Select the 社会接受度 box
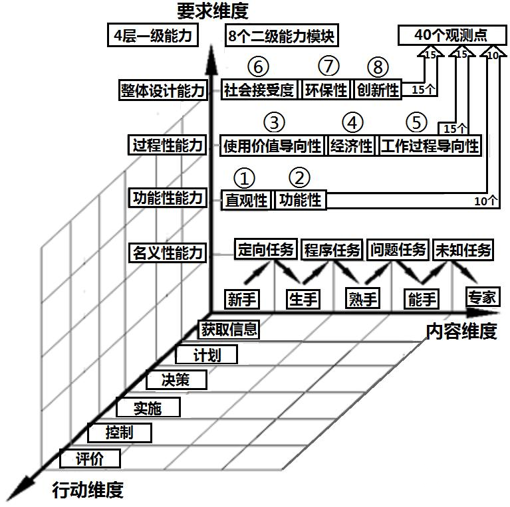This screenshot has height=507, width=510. point(260,90)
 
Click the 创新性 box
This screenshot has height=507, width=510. point(378,90)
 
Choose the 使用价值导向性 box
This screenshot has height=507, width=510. point(273,146)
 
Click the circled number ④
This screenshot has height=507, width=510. point(353,123)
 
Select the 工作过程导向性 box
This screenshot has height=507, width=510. point(430,146)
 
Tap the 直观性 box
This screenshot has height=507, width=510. point(246,199)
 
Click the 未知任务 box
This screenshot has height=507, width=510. point(463,250)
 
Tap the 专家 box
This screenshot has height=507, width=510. point(482,296)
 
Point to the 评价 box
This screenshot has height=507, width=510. point(90,458)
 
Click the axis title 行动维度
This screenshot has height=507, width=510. point(88,491)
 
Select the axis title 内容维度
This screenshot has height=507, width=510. point(461,330)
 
